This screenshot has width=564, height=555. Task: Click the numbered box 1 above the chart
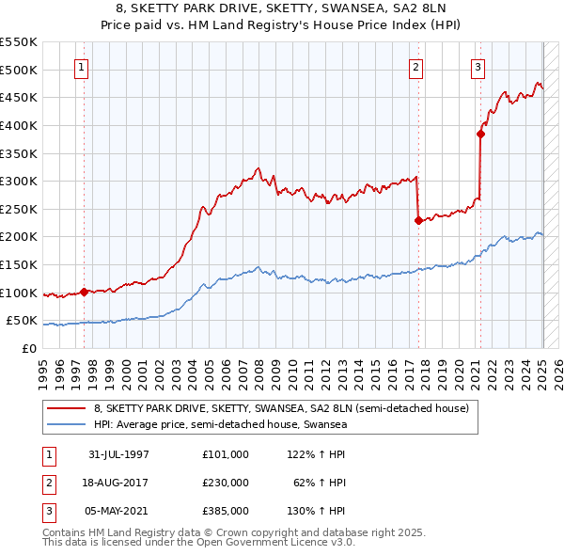pyautogui.click(x=83, y=67)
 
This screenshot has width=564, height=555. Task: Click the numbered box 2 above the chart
pyautogui.click(x=415, y=67)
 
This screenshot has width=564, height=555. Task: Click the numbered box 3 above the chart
pyautogui.click(x=478, y=67)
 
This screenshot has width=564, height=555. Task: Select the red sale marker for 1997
pyautogui.click(x=84, y=292)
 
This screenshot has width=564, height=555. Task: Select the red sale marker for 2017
pyautogui.click(x=417, y=220)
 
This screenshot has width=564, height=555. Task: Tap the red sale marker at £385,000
pyautogui.click(x=480, y=134)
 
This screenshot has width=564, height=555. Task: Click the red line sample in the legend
pyautogui.click(x=67, y=409)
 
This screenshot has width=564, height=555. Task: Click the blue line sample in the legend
pyautogui.click(x=67, y=425)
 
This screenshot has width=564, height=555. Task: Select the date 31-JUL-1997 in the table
pyautogui.click(x=118, y=454)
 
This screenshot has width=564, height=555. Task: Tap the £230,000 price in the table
pyautogui.click(x=225, y=483)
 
